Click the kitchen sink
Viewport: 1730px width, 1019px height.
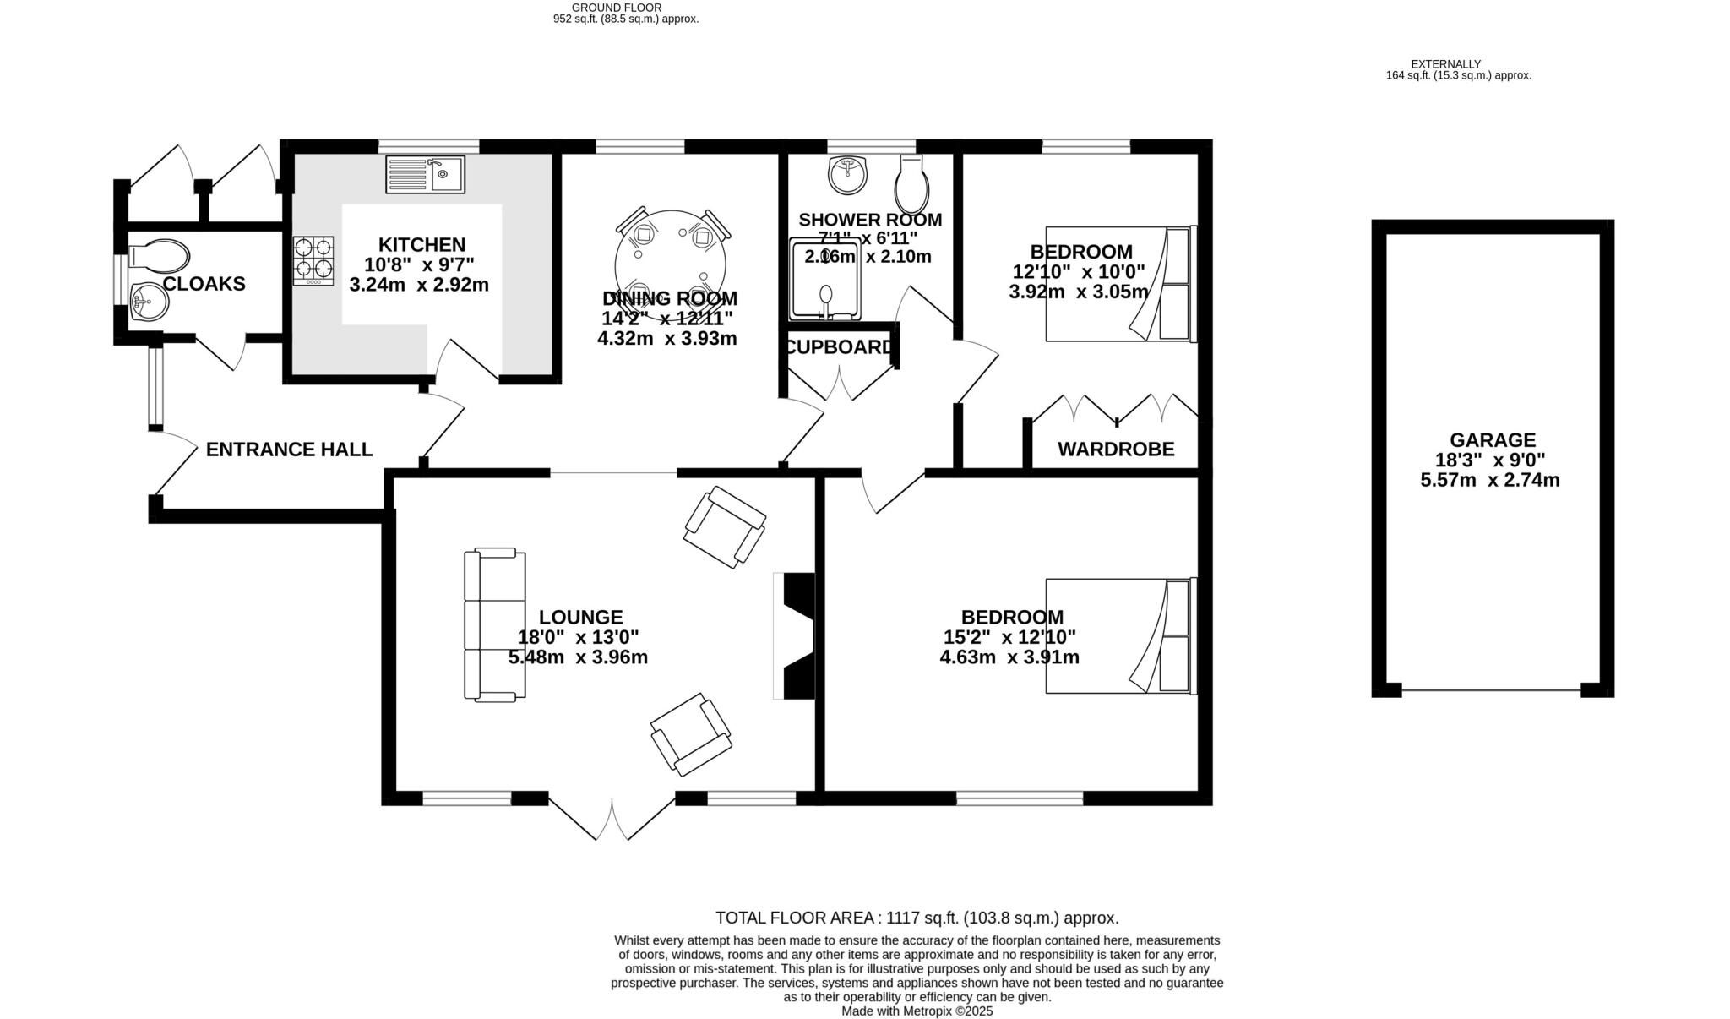[425, 174]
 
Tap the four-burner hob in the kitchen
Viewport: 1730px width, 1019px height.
[313, 260]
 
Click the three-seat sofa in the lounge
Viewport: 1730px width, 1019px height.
[495, 624]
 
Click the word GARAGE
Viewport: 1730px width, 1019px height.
[1493, 440]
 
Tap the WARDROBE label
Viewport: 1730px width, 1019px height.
[1116, 450]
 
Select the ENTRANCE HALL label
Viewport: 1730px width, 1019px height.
[289, 450]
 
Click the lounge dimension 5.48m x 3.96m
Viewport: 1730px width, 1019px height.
[578, 657]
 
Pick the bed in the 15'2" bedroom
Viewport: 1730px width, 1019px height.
[1120, 635]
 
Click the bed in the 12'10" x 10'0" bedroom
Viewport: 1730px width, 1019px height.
[1120, 284]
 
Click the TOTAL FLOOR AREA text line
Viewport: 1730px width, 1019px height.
[917, 918]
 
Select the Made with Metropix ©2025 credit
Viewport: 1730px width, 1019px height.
[917, 1011]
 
